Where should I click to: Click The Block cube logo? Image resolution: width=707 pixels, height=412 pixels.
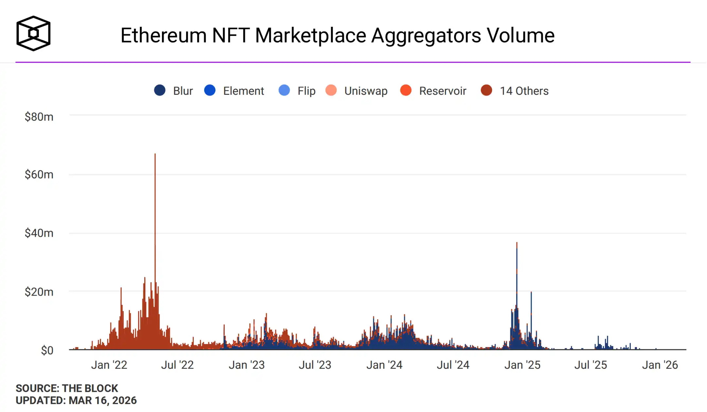click(33, 33)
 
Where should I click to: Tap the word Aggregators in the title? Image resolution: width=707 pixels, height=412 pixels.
click(426, 35)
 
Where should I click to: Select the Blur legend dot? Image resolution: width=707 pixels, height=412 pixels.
click(160, 90)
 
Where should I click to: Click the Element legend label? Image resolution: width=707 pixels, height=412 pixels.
click(243, 91)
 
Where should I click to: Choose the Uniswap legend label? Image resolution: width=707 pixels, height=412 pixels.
click(366, 91)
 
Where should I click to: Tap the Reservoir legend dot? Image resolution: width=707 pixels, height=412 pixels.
click(406, 90)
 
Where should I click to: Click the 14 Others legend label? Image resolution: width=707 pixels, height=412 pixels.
click(524, 91)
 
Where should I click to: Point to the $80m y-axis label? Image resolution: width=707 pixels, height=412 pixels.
click(39, 117)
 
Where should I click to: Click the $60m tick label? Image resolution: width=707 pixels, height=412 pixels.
click(39, 175)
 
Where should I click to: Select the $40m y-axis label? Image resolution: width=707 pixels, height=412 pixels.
click(39, 233)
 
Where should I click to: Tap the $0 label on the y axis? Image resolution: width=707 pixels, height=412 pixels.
click(47, 351)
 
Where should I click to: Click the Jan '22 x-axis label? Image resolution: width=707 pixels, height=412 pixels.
click(109, 365)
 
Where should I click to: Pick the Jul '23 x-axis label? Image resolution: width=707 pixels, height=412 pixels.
click(315, 365)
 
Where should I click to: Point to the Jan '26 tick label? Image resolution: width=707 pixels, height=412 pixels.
click(660, 365)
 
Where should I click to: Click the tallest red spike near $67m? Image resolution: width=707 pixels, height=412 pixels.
click(155, 196)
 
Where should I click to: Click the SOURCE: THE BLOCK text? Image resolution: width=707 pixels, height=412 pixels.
click(67, 388)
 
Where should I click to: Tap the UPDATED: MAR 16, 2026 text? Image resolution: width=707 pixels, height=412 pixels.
click(76, 400)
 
